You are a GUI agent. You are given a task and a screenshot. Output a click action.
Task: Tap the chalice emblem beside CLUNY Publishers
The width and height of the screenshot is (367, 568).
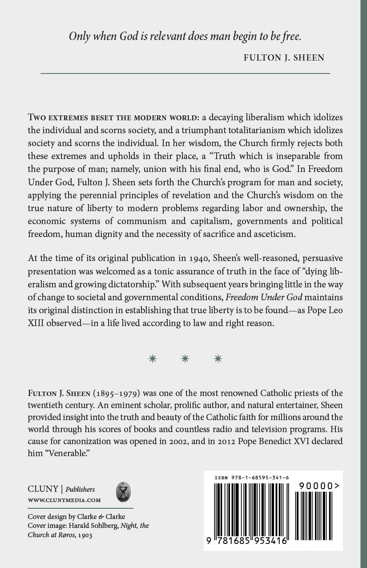point(123,492)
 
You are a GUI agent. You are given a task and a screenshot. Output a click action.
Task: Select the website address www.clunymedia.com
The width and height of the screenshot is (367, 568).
point(65,500)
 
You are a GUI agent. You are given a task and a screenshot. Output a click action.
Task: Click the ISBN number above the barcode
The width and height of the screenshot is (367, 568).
point(252,478)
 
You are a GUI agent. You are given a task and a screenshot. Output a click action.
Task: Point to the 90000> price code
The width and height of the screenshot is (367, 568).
point(316,486)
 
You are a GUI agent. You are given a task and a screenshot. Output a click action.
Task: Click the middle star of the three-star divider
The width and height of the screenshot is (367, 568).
point(185,359)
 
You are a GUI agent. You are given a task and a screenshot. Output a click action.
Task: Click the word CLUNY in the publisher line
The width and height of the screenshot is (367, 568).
point(43,489)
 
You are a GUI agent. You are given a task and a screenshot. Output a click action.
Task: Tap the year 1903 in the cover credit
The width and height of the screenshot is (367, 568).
point(85,535)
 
